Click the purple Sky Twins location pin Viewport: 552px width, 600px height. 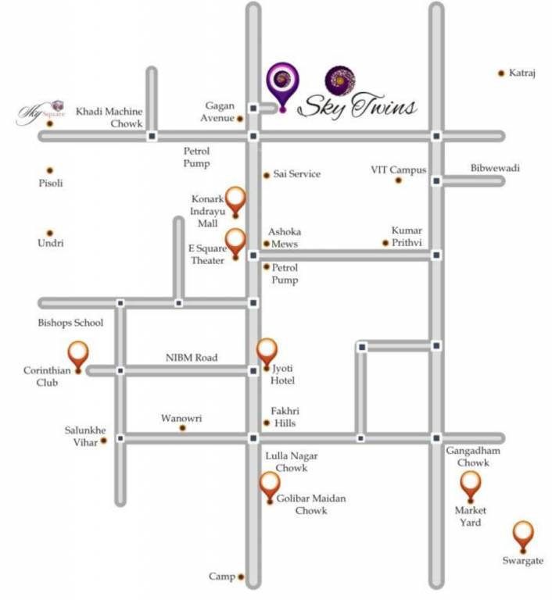point(281,84)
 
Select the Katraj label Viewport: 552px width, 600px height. point(522,73)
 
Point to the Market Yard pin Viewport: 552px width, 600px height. point(470,485)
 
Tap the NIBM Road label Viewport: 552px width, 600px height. point(192,358)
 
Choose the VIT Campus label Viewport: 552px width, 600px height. point(398,170)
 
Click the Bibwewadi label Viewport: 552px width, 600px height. point(495,168)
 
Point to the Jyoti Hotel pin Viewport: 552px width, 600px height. point(267,352)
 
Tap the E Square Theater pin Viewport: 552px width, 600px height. point(235,242)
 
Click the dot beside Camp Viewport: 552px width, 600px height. point(241,577)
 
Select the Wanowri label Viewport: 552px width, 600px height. point(181,418)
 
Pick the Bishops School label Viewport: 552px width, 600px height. point(70,323)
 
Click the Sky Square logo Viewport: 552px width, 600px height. point(41,112)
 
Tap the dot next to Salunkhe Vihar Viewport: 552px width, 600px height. point(104,441)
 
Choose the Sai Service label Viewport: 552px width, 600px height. point(296,174)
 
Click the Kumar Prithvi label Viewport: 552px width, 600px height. point(407,236)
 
